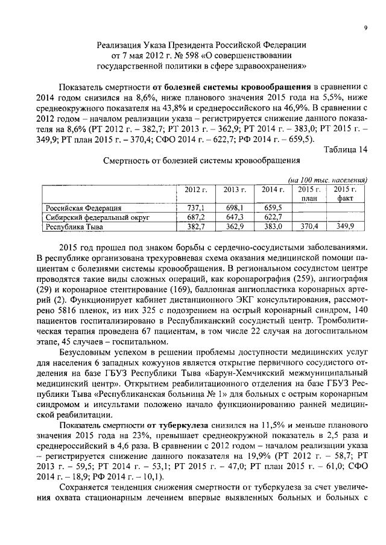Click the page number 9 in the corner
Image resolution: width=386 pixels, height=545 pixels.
point(365,28)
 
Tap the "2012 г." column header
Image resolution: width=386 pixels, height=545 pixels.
point(195,190)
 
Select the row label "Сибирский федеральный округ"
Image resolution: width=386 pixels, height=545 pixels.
point(97,217)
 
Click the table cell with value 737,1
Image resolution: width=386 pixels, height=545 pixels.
point(195,208)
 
